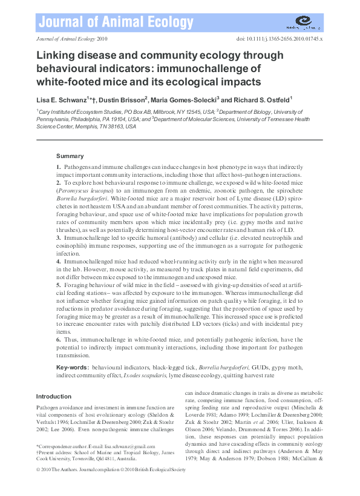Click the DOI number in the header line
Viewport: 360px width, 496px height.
[289, 38]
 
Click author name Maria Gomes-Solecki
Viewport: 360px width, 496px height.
[193, 99]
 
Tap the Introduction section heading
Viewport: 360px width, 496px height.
[54, 397]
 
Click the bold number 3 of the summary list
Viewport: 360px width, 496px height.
[58, 240]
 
